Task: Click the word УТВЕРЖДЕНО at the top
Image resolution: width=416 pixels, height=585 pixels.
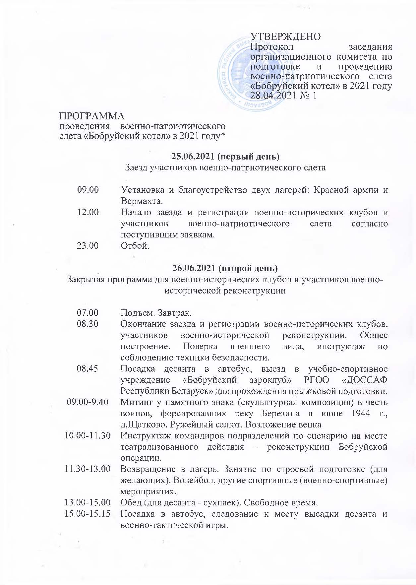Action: pyautogui.click(x=286, y=36)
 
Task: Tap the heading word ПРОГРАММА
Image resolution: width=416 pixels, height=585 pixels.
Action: pyautogui.click(x=92, y=116)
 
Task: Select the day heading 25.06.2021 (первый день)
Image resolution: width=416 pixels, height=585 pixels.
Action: pyautogui.click(x=225, y=156)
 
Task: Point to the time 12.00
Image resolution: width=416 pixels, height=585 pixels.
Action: pyautogui.click(x=88, y=212)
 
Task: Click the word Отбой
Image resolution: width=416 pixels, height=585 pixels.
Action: pyautogui.click(x=135, y=246)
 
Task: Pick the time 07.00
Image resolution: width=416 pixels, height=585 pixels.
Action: pyautogui.click(x=88, y=313)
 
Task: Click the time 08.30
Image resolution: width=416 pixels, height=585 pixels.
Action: pyautogui.click(x=88, y=324)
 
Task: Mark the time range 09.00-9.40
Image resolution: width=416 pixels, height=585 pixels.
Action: pyautogui.click(x=88, y=402)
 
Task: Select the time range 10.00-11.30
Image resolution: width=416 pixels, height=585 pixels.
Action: pyautogui.click(x=88, y=436)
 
